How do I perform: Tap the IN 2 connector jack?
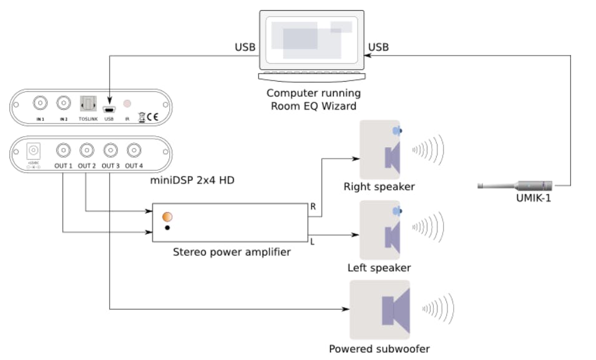click(63, 102)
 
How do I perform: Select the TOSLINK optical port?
click(87, 103)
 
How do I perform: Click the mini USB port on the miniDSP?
click(109, 106)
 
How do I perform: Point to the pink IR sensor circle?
click(127, 103)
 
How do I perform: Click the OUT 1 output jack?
click(63, 150)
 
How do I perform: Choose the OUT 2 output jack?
click(87, 150)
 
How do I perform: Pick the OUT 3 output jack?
click(110, 150)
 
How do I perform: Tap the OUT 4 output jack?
click(134, 150)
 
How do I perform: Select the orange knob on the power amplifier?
click(167, 217)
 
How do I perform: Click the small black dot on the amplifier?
click(167, 228)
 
